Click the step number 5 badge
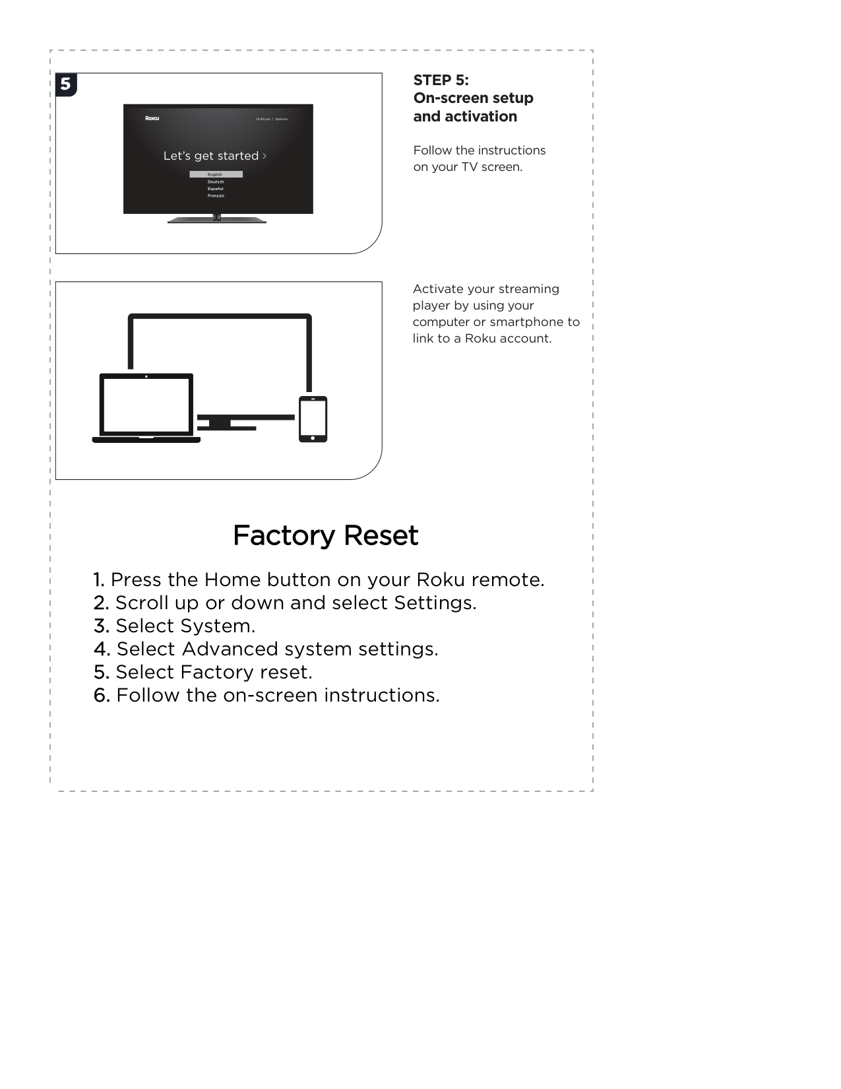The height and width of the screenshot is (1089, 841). pos(66,84)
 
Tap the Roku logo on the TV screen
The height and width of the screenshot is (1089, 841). pos(152,118)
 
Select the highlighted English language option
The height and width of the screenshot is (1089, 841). pos(216,174)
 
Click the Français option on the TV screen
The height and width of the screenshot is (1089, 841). pos(216,196)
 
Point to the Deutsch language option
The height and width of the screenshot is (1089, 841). pos(216,182)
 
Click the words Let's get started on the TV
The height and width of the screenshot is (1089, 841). pos(211,156)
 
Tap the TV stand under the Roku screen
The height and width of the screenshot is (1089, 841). pos(217,220)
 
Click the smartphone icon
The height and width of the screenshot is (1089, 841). pos(313,419)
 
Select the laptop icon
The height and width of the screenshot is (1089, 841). pos(146,408)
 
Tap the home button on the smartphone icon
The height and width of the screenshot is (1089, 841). pos(313,438)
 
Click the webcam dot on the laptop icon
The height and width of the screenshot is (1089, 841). pos(146,376)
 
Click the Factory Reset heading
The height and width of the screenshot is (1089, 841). pos(326,536)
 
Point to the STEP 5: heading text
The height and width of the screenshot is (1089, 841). pos(441,80)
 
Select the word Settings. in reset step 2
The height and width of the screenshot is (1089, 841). pos(435,603)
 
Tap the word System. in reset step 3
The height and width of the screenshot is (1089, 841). pos(218,626)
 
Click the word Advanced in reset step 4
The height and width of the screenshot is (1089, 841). pos(230,649)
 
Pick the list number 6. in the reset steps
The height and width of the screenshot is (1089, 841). pos(102,696)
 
